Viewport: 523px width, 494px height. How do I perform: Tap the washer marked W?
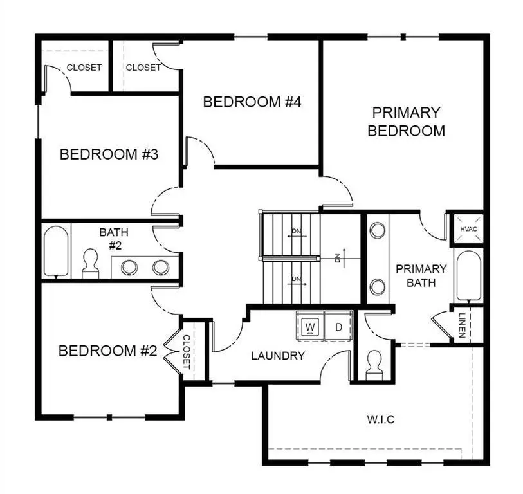click(x=310, y=326)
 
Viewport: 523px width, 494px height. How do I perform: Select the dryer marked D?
click(x=339, y=326)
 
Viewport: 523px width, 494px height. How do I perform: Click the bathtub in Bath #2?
click(x=56, y=251)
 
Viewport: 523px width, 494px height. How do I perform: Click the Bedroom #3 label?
click(x=109, y=154)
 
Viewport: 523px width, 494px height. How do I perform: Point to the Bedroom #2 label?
click(x=108, y=351)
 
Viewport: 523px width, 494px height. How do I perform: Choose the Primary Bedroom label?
click(x=406, y=122)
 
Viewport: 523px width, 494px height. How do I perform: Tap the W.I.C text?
click(x=380, y=419)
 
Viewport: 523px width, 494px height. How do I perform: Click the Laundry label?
click(x=277, y=355)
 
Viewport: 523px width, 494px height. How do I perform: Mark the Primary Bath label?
click(x=421, y=275)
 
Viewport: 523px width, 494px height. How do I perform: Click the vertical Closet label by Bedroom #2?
click(x=187, y=352)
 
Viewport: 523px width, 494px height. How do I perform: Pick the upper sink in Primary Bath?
click(x=378, y=230)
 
